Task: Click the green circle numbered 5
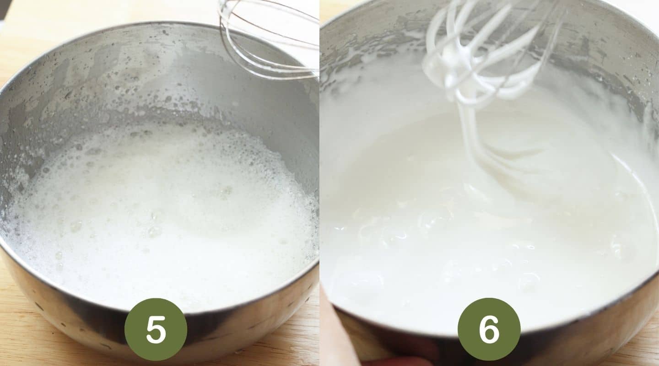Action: coord(156,329)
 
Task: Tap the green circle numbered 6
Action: coord(489,329)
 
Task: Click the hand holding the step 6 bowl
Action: coord(339,334)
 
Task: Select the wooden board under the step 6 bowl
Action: coord(641,352)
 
